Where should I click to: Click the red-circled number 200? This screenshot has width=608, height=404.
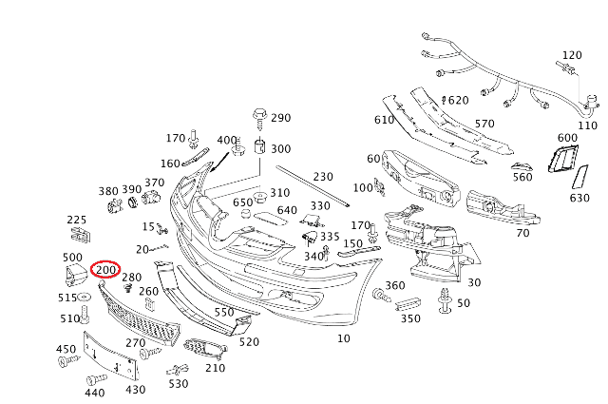106,271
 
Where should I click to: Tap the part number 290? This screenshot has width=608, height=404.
281,119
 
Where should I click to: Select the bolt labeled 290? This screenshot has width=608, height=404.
258,118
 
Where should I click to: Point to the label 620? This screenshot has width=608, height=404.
458,101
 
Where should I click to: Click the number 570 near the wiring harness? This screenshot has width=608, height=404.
484,125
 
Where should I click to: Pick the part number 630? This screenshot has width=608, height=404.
579,199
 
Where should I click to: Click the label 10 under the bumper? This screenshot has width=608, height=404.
344,337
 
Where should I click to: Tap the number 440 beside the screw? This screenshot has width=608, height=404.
95,393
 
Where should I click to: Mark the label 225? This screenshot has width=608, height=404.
77,220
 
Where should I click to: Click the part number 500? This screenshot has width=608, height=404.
72,258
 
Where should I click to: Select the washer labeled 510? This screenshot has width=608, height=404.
84,313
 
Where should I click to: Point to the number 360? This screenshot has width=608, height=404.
395,285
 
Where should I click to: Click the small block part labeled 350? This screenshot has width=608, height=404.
407,303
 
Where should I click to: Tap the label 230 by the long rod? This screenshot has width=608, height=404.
323,177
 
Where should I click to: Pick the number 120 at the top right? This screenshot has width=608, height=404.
572,55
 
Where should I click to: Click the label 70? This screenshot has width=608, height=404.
522,233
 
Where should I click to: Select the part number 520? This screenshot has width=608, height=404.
249,342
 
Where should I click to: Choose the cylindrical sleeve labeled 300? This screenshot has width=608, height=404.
258,149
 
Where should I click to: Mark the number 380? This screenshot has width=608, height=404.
108,190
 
